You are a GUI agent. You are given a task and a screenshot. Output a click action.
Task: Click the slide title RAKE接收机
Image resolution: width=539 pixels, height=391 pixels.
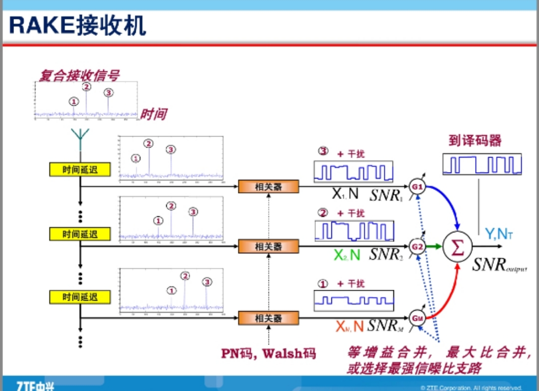tap(78, 24)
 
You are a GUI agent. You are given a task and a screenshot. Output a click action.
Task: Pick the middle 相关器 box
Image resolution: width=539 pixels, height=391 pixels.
tap(269, 246)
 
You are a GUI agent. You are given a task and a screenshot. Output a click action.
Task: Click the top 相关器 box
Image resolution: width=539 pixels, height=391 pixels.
tap(269, 187)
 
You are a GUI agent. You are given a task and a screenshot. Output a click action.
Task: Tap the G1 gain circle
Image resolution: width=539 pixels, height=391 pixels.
tap(417, 187)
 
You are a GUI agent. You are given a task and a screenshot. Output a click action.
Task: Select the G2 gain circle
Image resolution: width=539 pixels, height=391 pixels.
tap(417, 246)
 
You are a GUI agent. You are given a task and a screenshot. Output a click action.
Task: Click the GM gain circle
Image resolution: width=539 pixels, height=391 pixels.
tap(417, 317)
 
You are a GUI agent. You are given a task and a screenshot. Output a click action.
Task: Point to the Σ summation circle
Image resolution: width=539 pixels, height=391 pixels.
tap(458, 247)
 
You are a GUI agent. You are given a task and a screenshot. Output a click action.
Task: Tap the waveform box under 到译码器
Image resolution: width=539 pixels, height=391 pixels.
tap(482, 164)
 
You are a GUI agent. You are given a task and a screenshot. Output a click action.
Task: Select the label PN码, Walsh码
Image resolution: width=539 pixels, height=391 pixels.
tap(269, 354)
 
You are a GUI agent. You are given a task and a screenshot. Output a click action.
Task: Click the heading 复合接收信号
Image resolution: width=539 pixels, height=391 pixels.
tap(79, 76)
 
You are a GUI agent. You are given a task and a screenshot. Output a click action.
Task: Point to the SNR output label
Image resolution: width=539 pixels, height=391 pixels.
tap(499, 265)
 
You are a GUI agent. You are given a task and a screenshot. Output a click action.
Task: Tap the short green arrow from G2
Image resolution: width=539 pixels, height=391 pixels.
tap(434, 246)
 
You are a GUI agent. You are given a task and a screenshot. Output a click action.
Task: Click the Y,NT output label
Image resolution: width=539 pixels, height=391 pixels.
tap(499, 233)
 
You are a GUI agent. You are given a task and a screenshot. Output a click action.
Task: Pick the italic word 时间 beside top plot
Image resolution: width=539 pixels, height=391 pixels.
tap(153, 114)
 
